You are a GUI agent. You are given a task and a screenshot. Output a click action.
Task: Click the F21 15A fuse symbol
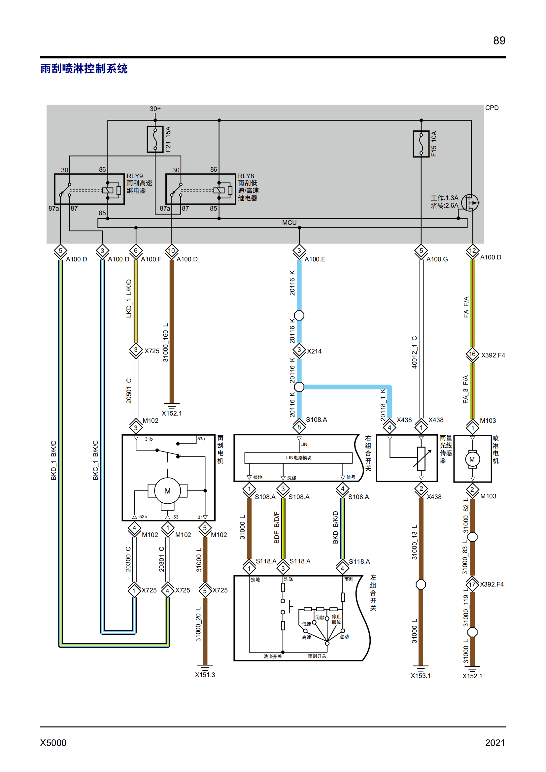(x=155, y=139)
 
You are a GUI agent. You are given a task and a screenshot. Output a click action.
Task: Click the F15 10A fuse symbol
(x=421, y=144)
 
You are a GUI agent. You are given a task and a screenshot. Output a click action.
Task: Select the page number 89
(x=499, y=40)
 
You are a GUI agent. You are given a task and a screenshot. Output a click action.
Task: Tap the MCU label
(x=289, y=222)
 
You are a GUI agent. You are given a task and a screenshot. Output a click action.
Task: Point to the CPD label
(x=492, y=108)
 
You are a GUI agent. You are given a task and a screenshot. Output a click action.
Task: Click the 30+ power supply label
(x=155, y=109)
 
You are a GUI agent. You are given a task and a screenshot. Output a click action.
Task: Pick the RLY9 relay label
(x=135, y=176)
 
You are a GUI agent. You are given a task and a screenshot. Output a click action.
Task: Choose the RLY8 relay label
(x=246, y=176)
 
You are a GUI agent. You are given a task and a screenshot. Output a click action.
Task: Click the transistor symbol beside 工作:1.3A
(x=470, y=202)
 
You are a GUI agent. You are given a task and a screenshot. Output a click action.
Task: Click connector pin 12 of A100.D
(x=472, y=251)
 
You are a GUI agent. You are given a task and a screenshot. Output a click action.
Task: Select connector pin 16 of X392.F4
(x=472, y=354)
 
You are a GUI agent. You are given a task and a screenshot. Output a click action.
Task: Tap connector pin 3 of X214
(x=299, y=350)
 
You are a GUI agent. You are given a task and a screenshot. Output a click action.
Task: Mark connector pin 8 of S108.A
(x=299, y=427)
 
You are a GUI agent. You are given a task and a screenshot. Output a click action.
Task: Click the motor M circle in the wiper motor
(x=167, y=490)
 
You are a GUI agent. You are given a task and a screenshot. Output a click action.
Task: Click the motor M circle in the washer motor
(x=472, y=459)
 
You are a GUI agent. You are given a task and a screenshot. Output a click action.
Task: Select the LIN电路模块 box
(x=298, y=457)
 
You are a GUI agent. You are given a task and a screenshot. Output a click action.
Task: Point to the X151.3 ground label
(x=205, y=675)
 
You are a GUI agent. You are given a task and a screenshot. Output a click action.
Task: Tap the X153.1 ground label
(x=420, y=676)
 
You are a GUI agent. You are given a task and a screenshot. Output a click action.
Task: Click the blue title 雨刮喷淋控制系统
(x=84, y=69)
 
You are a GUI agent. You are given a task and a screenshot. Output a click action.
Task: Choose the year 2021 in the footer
(x=495, y=743)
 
